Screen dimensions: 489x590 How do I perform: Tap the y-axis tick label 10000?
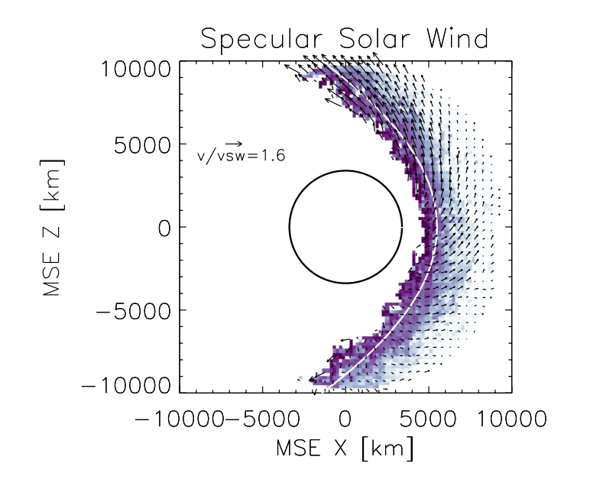pyautogui.click(x=136, y=70)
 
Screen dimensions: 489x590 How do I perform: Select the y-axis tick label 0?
pyautogui.click(x=163, y=227)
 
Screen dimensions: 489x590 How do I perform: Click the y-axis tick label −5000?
pyautogui.click(x=134, y=310)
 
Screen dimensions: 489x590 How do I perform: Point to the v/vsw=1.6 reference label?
pyautogui.click(x=244, y=156)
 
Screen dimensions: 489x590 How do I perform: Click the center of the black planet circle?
pyautogui.click(x=346, y=227)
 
